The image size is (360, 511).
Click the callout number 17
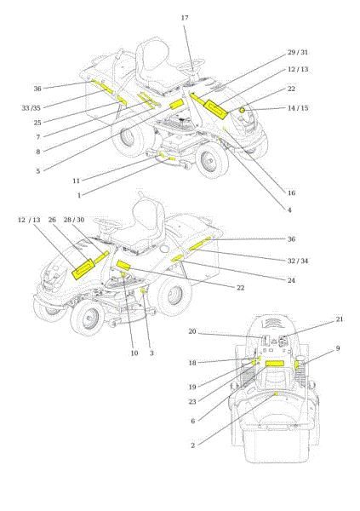coord(185,18)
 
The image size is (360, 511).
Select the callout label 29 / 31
coord(298,53)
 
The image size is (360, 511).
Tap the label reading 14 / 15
coord(298,108)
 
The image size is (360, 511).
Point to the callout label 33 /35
coord(31,108)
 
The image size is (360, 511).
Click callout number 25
coord(37,123)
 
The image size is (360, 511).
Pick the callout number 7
coord(38,137)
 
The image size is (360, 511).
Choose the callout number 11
coord(77,181)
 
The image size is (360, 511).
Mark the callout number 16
coord(291,193)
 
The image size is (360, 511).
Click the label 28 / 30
coord(74,220)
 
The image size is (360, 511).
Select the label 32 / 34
coord(298,261)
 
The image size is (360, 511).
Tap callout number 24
coord(291,280)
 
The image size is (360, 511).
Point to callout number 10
coord(134,353)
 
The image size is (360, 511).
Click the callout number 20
coord(192,331)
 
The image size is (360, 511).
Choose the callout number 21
coord(340,319)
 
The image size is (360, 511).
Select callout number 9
coord(338,348)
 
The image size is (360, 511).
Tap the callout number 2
coord(192,445)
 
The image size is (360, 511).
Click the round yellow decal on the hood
coord(242,111)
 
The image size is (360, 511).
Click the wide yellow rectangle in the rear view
coord(275,364)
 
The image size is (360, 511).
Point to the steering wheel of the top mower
coord(191,64)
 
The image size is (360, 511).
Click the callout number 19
coord(192,388)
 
